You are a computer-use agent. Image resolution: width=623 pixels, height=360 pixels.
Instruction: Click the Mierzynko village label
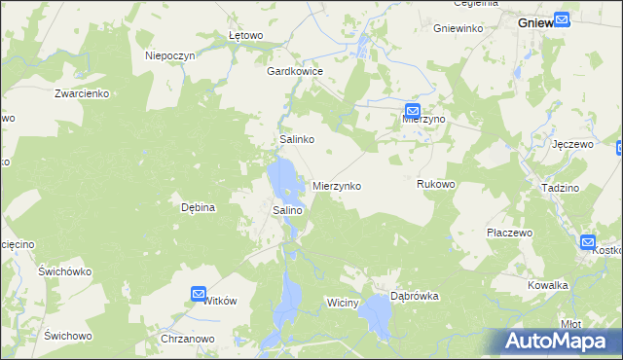337,185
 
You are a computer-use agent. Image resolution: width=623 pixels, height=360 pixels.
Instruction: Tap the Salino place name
287,209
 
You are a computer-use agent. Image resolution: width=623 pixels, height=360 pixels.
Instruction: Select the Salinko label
296,140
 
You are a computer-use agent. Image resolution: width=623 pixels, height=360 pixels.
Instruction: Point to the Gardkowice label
295,71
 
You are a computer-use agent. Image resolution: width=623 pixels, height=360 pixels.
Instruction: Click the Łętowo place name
246,36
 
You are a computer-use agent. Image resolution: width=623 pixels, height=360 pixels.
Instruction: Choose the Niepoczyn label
170,55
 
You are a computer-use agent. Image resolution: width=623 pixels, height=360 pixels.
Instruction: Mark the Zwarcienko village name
82,93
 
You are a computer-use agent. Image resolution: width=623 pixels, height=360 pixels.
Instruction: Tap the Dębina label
198,207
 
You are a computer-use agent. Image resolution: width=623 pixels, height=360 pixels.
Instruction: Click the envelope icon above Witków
199,293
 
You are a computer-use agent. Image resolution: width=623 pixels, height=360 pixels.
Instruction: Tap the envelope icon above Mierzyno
413,111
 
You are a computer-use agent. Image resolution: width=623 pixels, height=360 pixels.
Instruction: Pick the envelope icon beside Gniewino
563,18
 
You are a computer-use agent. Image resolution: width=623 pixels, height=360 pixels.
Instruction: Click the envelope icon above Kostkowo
588,242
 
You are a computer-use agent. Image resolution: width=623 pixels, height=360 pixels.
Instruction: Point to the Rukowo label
436,184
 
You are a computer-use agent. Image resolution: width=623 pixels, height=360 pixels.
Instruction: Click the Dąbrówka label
415,296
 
